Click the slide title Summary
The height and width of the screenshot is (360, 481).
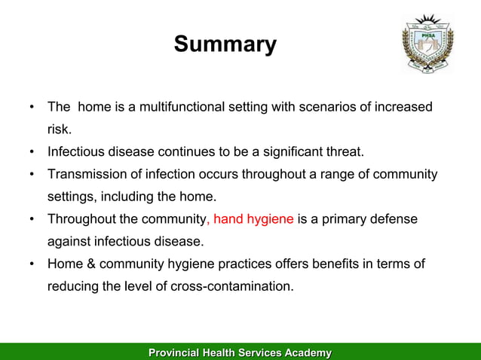point(225,44)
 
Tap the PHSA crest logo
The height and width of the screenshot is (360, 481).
point(428,43)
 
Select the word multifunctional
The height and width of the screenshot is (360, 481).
point(182,107)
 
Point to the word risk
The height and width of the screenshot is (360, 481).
point(60,130)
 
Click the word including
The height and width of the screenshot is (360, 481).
point(127,197)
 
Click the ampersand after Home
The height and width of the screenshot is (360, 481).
point(91,264)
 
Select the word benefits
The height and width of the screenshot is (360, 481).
point(335,264)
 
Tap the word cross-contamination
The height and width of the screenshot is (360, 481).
point(232,286)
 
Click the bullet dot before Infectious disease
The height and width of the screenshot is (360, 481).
point(32,151)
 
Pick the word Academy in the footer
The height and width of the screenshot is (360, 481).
point(308,353)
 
